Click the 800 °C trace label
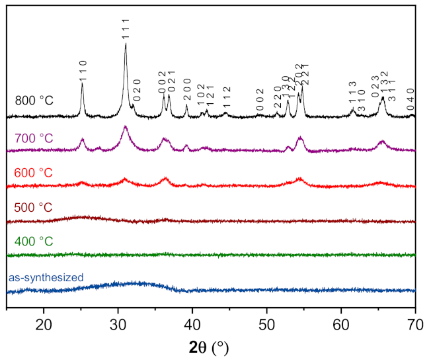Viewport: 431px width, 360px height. tap(34, 101)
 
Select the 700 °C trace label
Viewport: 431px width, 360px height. tap(34, 138)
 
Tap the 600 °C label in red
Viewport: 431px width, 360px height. tap(34, 173)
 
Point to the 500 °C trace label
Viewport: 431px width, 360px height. tap(34, 207)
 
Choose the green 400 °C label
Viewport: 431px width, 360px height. tap(34, 242)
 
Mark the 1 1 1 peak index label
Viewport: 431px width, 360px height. tap(126, 30)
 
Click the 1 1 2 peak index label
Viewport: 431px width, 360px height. tap(226, 97)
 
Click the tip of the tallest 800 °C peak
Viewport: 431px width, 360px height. tap(126, 43)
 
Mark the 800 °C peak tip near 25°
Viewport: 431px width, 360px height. tap(82, 83)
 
